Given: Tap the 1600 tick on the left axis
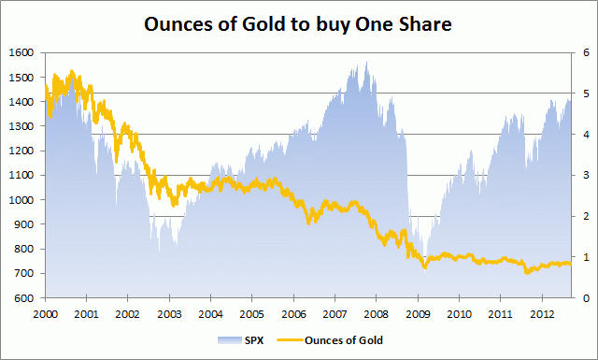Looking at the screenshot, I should (20, 52).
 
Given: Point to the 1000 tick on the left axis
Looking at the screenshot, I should (20, 200).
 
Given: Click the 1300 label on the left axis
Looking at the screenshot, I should (20, 126).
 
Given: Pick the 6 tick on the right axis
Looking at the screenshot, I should (586, 52).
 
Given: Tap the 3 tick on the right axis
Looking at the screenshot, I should (586, 176).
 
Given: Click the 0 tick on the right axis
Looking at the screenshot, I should (586, 298).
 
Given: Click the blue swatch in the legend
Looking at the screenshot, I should (227, 341).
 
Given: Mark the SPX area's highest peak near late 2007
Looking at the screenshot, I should (366, 63).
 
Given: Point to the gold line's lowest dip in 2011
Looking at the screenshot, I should (528, 273).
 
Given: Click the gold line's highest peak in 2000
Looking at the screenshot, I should (73, 70).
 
